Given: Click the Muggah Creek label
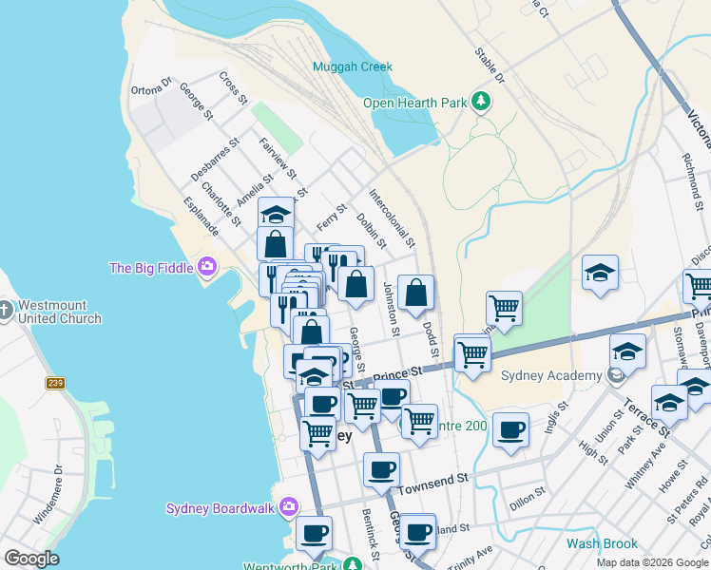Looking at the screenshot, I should [353, 67].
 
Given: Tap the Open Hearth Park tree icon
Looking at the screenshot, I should [481, 102].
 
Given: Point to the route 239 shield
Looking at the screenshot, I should [55, 383].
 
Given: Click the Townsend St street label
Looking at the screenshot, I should [433, 487].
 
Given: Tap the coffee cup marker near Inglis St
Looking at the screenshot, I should [510, 430].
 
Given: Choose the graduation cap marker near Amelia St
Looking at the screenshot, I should [276, 214].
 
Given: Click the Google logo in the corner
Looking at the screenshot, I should [31, 559].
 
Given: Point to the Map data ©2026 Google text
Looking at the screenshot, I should [652, 562].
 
